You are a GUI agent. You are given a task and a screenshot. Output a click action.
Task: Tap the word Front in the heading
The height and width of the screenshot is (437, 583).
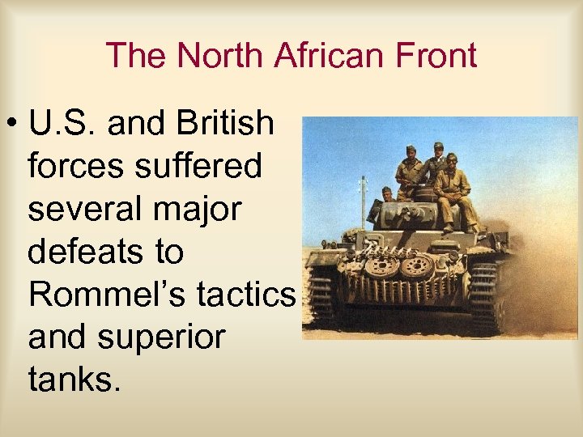pos(436,55)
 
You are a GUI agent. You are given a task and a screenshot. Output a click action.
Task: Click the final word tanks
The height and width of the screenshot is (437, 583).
pos(74,378)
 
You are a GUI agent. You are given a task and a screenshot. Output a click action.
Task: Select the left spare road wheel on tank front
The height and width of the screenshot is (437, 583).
pos(382,265)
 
